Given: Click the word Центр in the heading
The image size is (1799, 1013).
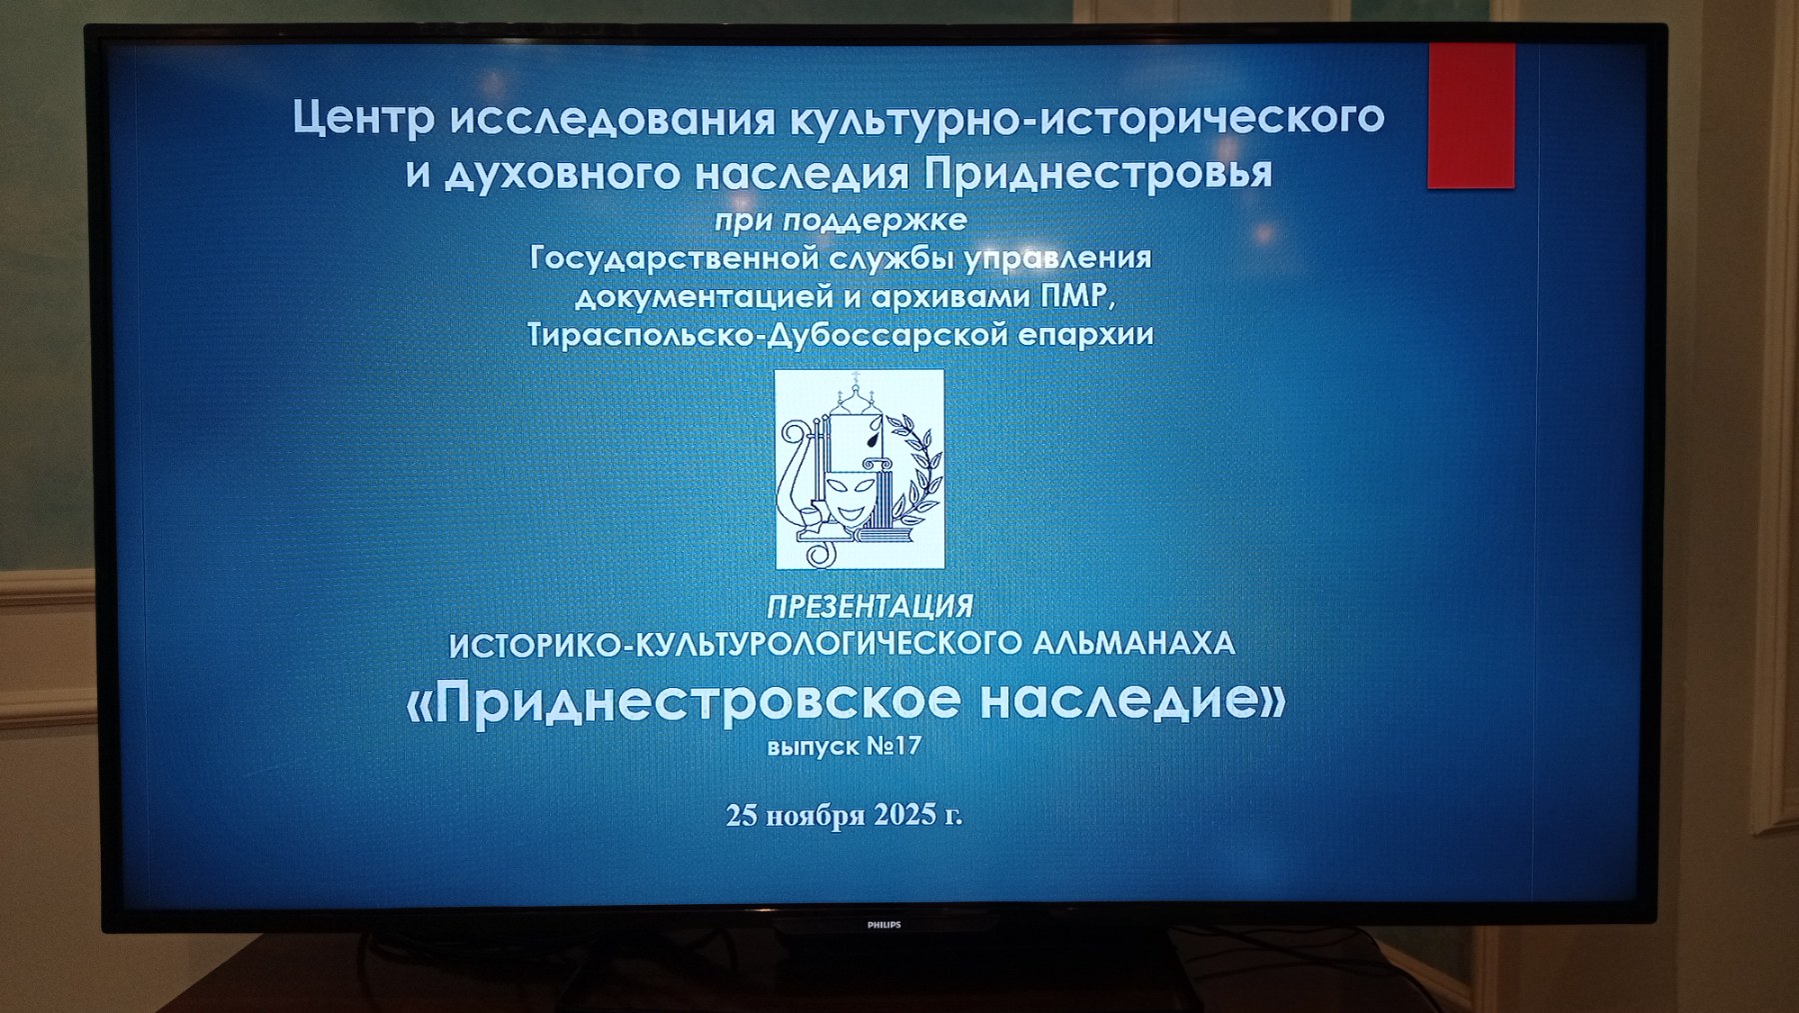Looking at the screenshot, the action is pos(365,118).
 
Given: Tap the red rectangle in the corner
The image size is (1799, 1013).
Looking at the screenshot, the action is pos(1471,115).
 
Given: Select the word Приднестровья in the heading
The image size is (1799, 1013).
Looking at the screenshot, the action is pos(1098,173).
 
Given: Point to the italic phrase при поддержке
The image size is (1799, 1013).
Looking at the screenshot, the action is pos(841,220).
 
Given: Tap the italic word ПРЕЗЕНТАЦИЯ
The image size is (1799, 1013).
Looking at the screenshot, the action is pos(870,606).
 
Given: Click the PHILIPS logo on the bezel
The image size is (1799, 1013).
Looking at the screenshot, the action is pos(885,925).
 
